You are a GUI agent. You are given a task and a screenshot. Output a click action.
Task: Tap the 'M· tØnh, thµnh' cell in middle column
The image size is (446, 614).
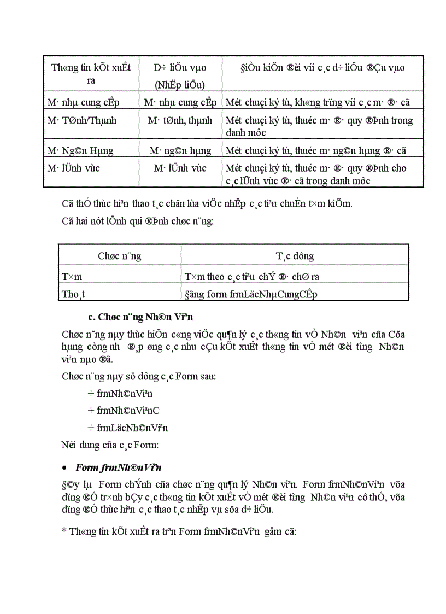(x=180, y=120)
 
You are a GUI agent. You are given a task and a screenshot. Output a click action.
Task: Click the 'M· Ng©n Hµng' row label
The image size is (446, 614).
(x=80, y=150)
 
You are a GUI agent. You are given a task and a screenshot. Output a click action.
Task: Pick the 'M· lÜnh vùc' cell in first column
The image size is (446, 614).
(x=72, y=168)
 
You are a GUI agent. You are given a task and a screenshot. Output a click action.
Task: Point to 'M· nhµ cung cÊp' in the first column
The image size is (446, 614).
(x=83, y=102)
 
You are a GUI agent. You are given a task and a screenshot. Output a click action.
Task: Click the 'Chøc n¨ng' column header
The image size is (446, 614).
(x=119, y=255)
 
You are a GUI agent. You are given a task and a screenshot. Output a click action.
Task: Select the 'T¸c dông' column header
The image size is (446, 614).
(x=295, y=255)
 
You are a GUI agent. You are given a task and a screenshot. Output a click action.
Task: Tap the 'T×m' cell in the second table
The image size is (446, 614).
(x=72, y=277)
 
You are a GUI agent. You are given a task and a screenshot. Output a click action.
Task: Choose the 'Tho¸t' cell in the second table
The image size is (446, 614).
(x=73, y=294)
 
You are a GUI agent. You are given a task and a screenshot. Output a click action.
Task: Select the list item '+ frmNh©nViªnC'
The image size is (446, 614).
(x=123, y=410)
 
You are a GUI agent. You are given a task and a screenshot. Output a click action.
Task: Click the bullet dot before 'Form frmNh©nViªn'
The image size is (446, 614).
(x=65, y=469)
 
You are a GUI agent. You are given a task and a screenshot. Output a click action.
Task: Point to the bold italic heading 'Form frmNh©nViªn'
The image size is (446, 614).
(x=118, y=468)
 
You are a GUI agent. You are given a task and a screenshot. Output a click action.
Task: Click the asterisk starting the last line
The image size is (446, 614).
(x=63, y=531)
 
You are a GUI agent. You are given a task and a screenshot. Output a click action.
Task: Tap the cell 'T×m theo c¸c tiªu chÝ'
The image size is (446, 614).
(x=256, y=277)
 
